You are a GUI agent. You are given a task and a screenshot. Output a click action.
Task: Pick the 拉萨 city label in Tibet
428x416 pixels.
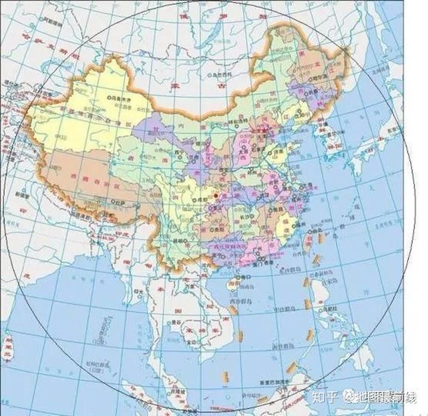pos(122,204)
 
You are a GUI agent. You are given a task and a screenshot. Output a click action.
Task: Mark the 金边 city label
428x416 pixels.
pos(193,343)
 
